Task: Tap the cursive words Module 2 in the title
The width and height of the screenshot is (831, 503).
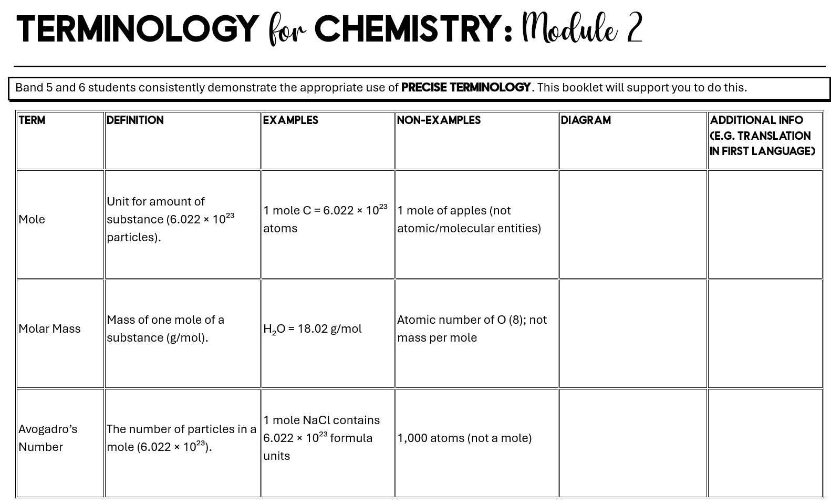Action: click(582, 29)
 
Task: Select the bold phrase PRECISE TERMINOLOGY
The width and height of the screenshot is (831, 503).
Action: click(465, 88)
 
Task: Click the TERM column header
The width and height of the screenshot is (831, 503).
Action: click(32, 120)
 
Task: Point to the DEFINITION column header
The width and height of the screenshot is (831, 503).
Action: click(135, 120)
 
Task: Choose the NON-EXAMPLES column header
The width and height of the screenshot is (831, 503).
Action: click(439, 120)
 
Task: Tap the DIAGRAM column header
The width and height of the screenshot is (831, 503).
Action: click(586, 120)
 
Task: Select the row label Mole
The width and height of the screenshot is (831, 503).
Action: click(32, 219)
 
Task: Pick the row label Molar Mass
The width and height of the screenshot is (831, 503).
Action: click(49, 329)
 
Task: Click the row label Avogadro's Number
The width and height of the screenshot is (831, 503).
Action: click(48, 438)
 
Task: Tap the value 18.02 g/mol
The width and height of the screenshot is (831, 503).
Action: click(329, 329)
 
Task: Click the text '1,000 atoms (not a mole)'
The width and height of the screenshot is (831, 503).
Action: click(464, 438)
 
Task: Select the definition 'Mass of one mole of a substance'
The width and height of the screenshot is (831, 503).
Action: click(165, 329)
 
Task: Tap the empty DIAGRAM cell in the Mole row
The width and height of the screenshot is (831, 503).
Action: click(632, 224)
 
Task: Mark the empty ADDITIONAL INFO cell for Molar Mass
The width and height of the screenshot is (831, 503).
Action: click(765, 333)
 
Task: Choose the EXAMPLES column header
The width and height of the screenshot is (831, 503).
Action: click(290, 120)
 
